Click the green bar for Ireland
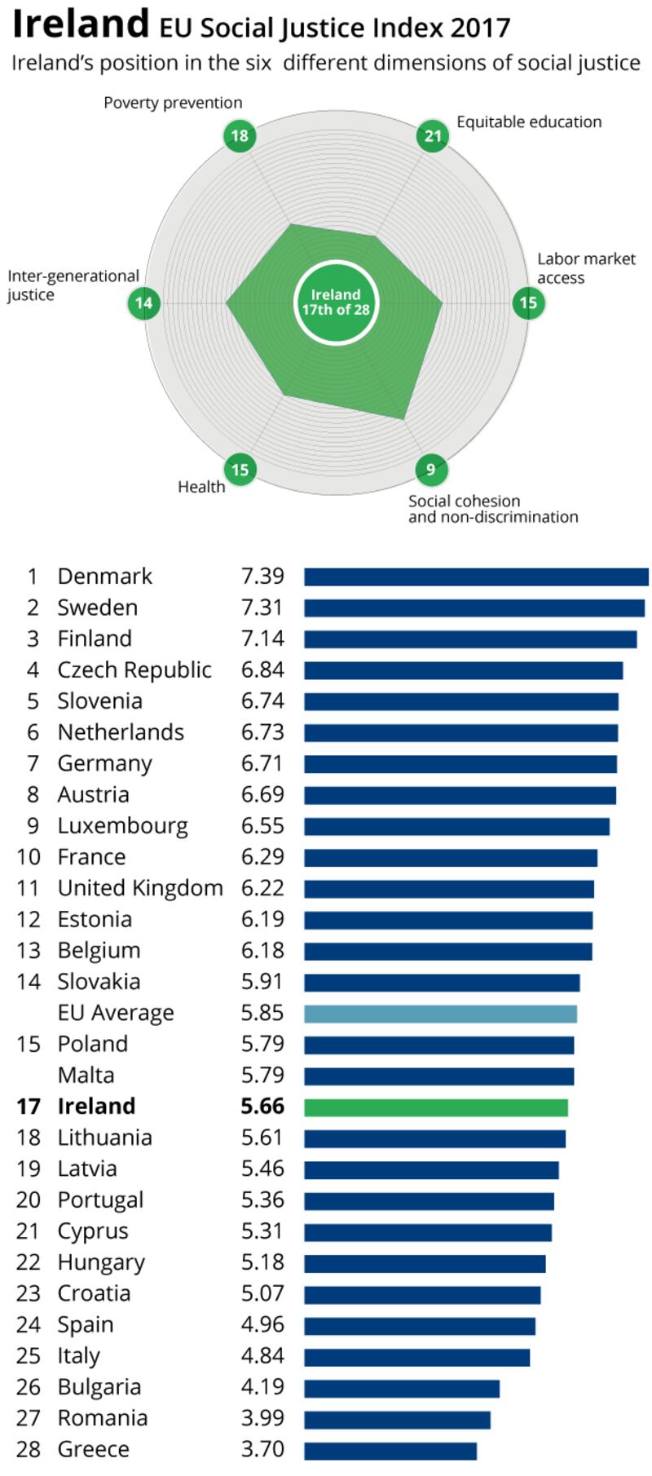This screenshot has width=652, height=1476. [436, 1107]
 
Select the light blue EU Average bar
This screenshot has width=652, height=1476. [440, 1014]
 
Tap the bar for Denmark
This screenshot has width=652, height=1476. [476, 577]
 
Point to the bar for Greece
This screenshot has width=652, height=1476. [390, 1450]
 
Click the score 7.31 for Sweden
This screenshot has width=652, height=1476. [262, 608]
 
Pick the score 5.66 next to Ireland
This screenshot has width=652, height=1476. [262, 1107]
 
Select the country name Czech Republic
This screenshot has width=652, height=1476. [134, 670]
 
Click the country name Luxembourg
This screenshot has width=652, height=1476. [122, 826]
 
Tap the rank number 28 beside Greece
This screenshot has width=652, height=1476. [28, 1450]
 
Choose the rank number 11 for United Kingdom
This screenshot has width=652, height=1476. [28, 888]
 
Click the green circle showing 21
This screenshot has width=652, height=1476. [433, 135]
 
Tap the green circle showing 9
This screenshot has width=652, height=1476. [431, 469]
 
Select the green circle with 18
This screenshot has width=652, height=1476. [240, 135]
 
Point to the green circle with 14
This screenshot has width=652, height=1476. [143, 303]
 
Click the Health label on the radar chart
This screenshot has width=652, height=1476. [201, 487]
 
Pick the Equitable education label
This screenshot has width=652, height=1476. [529, 122]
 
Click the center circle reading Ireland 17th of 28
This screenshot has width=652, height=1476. [336, 303]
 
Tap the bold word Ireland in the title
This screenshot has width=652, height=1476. [81, 24]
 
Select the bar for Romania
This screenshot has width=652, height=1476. [397, 1419]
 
